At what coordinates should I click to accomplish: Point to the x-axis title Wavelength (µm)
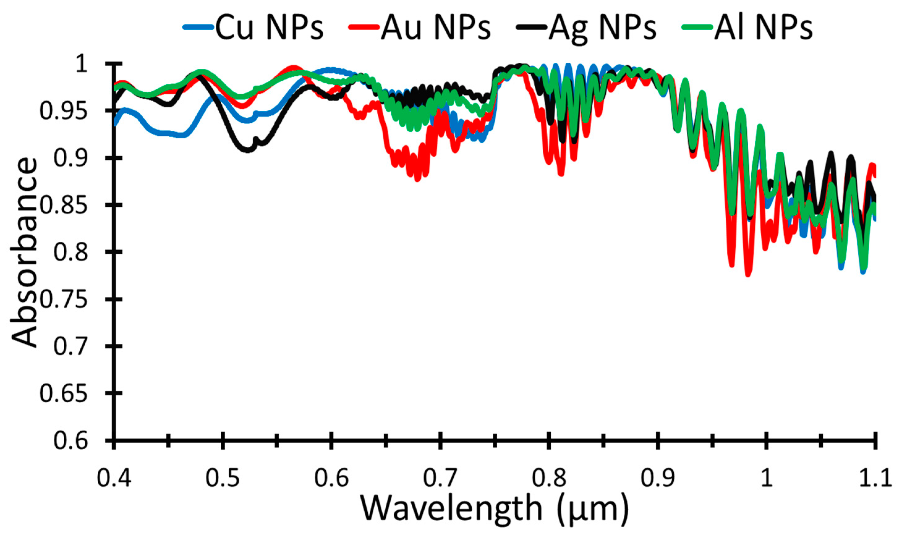(494, 508)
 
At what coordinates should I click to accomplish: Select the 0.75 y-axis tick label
(63, 300)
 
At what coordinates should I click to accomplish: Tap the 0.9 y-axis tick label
(70, 159)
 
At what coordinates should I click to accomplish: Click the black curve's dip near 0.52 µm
(248, 150)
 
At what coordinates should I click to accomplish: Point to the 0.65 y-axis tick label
(63, 394)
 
